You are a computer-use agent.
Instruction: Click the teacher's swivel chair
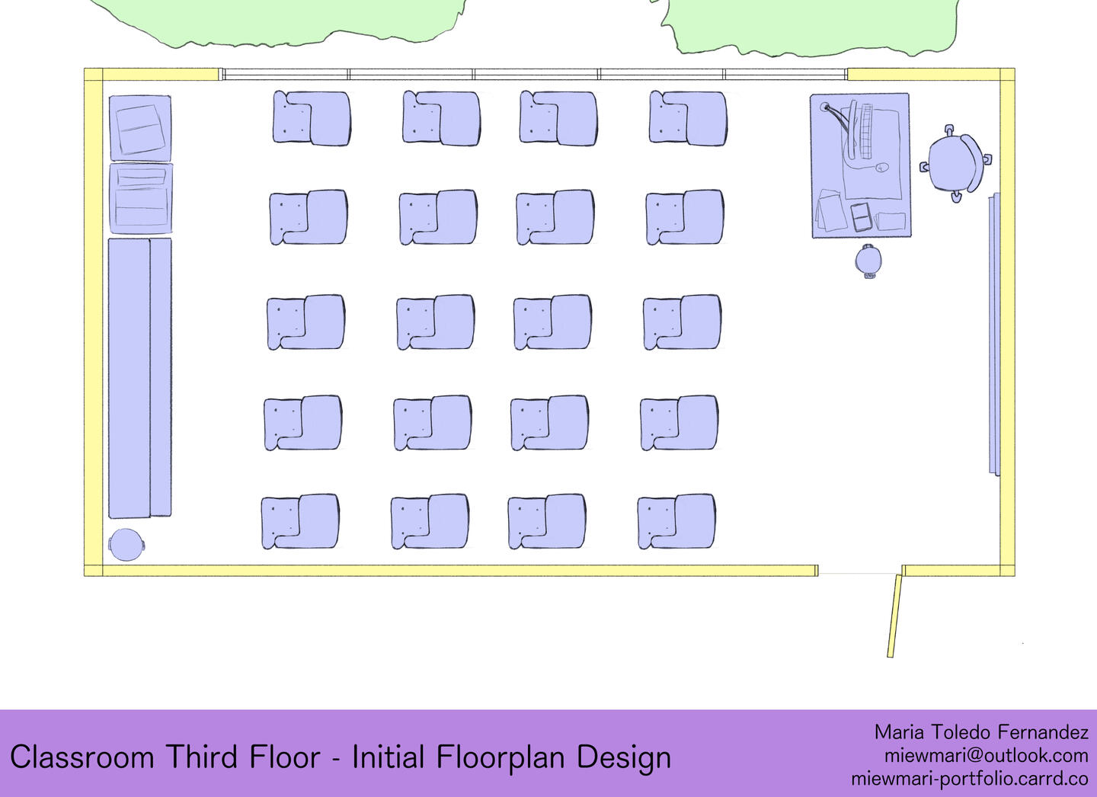(x=955, y=162)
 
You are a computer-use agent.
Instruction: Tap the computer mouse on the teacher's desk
(x=881, y=168)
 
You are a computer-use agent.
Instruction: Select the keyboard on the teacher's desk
(x=866, y=131)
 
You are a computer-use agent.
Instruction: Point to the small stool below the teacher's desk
(x=868, y=261)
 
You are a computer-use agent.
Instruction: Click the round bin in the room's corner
(x=126, y=544)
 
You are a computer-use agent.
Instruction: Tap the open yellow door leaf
(x=894, y=615)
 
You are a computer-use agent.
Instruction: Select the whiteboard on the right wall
(x=993, y=334)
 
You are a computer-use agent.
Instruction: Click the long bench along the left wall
(x=140, y=378)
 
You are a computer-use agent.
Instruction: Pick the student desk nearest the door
(x=676, y=521)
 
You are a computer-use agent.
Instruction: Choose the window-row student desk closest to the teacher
(x=688, y=118)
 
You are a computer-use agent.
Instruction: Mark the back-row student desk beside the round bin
(x=299, y=521)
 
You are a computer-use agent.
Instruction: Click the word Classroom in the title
(x=82, y=757)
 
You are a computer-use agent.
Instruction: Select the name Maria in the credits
(x=899, y=732)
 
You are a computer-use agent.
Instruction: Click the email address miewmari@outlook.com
(x=986, y=756)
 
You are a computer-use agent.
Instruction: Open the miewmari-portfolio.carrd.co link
(x=970, y=779)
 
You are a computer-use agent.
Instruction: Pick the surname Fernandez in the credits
(x=1043, y=732)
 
